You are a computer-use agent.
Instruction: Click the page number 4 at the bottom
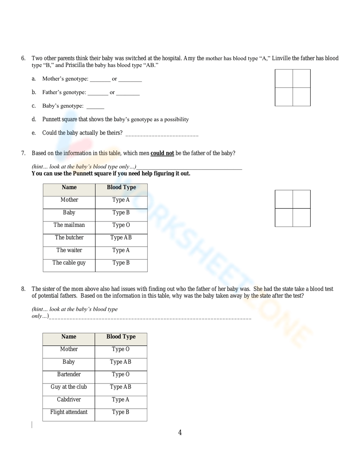(180, 433)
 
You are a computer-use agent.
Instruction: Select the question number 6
(23, 58)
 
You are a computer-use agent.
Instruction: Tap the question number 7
(23, 153)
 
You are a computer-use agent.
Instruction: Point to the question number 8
(23, 289)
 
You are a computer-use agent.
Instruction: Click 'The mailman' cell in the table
(69, 225)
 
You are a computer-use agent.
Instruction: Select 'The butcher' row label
(69, 238)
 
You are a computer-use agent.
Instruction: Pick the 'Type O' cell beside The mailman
(121, 225)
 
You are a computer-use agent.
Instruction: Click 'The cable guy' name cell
(69, 263)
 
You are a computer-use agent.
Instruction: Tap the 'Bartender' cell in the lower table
(69, 375)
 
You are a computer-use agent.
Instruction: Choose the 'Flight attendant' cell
(69, 412)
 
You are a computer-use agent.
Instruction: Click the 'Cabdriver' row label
(69, 400)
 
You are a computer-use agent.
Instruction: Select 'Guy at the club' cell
(69, 387)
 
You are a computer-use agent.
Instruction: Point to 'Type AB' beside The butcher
(121, 238)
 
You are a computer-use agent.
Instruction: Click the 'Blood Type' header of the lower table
(121, 337)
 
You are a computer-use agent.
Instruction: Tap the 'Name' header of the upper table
(69, 187)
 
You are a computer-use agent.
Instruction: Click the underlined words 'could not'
(162, 153)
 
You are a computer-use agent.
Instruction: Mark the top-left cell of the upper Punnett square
(284, 79)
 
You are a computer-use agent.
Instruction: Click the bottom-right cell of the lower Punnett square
(302, 218)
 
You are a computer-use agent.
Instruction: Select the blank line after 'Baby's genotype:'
(95, 107)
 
